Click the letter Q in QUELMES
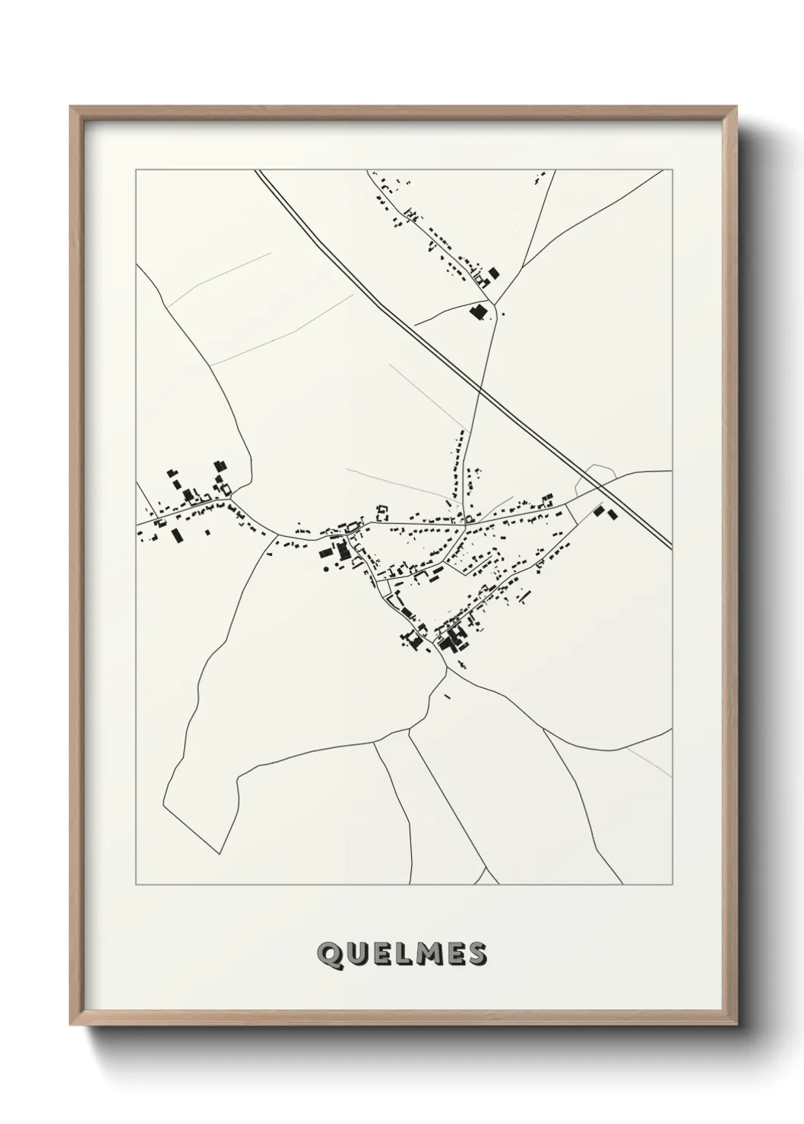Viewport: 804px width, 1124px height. pos(328,954)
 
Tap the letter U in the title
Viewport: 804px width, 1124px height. pos(356,954)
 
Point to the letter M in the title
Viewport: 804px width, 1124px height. pos(429,954)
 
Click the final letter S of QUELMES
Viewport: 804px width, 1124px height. pos(478,954)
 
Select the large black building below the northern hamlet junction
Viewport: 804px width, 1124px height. pos(478,311)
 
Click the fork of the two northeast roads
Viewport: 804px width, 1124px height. pos(498,303)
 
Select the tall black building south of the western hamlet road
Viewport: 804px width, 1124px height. pos(178,535)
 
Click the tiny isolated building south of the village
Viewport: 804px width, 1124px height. pos(446,695)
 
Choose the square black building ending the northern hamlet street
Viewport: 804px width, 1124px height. pos(495,273)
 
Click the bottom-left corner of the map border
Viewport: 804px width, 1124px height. pos(136,885)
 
